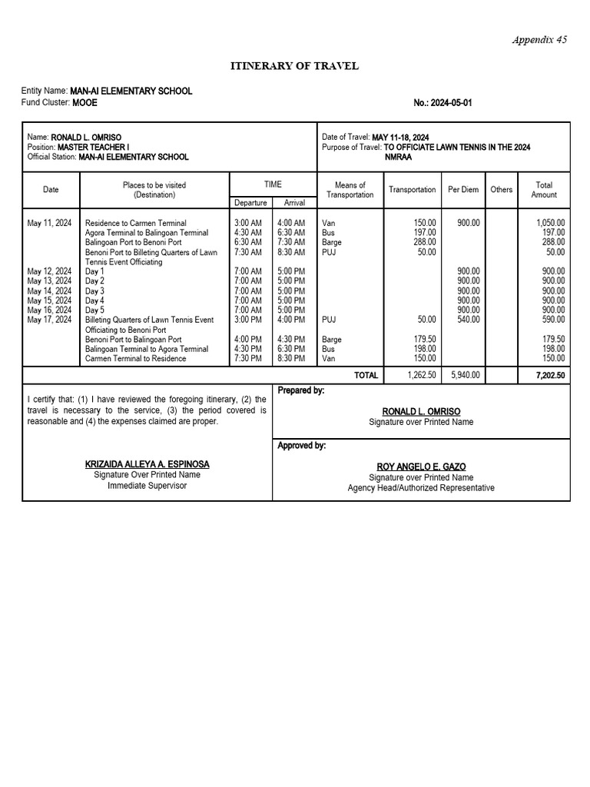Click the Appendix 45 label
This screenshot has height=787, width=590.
pyautogui.click(x=540, y=40)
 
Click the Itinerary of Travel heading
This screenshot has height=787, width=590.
pyautogui.click(x=295, y=66)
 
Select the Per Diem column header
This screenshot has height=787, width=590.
pyautogui.click(x=463, y=190)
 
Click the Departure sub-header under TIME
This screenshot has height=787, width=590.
pyautogui.click(x=251, y=203)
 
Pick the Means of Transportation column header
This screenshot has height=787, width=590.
pyautogui.click(x=350, y=190)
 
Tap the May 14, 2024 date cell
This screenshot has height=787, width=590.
pyautogui.click(x=49, y=291)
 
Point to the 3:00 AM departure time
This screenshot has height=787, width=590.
pyautogui.click(x=247, y=223)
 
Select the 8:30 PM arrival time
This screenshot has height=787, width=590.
pyautogui.click(x=290, y=358)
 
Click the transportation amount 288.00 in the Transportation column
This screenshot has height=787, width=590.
pyautogui.click(x=424, y=242)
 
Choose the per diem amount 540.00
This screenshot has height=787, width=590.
pyautogui.click(x=469, y=320)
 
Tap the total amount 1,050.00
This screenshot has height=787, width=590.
pyautogui.click(x=550, y=223)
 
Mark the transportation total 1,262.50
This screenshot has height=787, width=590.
pyautogui.click(x=422, y=375)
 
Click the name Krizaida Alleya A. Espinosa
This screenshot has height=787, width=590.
pyautogui.click(x=147, y=464)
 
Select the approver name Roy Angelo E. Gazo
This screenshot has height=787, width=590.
pyautogui.click(x=420, y=467)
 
